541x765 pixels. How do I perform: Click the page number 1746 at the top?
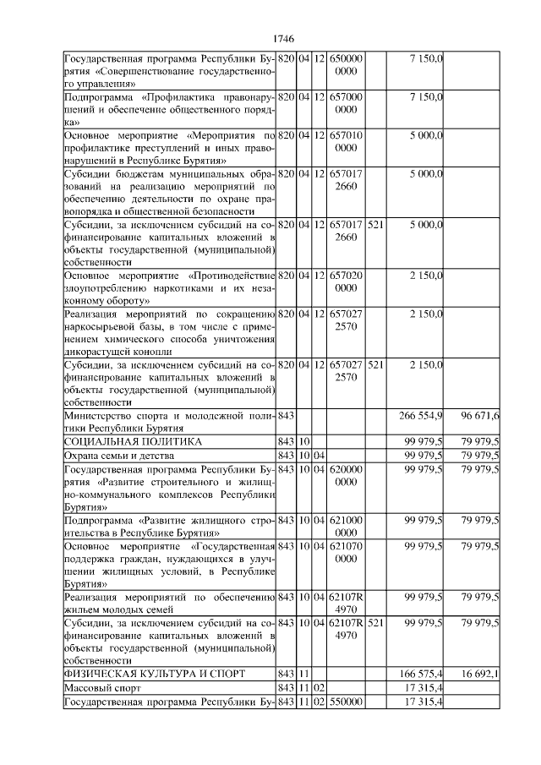(x=284, y=40)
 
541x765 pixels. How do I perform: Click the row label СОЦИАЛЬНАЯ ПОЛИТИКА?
(x=134, y=442)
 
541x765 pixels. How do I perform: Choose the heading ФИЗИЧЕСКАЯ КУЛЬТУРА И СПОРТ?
(x=155, y=674)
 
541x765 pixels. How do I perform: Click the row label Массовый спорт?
(x=95, y=687)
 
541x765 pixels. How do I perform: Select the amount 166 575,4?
(x=420, y=674)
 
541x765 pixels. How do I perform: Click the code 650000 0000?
(x=346, y=65)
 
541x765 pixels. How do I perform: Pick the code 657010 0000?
(x=346, y=141)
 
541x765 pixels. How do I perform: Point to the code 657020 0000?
(x=346, y=282)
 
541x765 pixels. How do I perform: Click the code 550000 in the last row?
(x=346, y=701)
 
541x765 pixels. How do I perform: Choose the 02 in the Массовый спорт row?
(x=320, y=687)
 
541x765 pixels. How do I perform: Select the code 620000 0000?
(x=346, y=475)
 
